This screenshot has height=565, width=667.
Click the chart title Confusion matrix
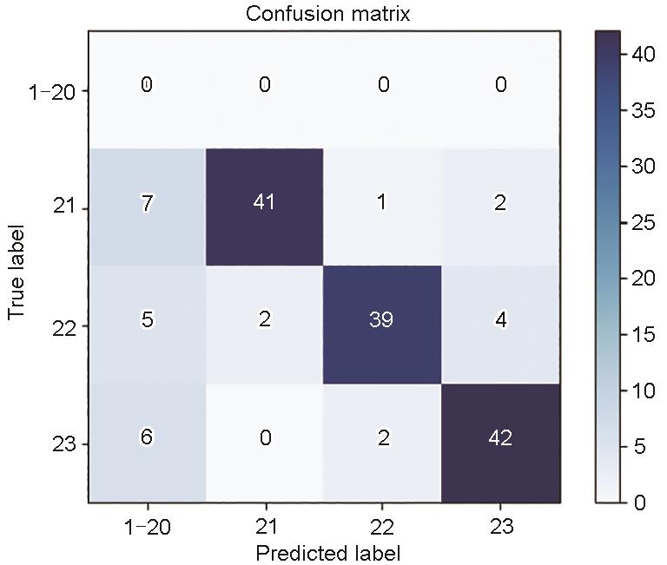[x=322, y=14]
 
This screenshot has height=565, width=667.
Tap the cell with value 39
[x=382, y=320]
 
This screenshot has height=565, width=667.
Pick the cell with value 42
[x=499, y=439]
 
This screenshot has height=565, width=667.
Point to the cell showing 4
[x=499, y=320]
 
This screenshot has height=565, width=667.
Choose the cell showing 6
[x=147, y=439]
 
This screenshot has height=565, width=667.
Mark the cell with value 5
[x=147, y=320]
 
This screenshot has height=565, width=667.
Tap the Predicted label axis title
[x=322, y=552]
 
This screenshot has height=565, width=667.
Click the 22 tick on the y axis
[x=64, y=327]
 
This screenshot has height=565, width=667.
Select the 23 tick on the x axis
[x=499, y=526]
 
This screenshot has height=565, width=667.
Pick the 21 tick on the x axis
[x=265, y=526]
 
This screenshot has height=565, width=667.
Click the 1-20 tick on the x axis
[x=147, y=526]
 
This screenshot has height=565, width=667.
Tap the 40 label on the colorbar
[x=644, y=54]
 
